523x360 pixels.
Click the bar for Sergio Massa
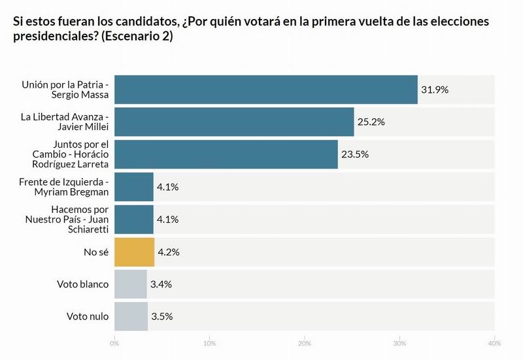pyautogui.click(x=266, y=90)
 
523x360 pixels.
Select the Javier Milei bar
pyautogui.click(x=234, y=122)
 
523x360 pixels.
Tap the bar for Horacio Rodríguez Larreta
pyautogui.click(x=226, y=154)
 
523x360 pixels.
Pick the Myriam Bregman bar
pyautogui.click(x=134, y=187)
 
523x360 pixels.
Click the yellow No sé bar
pyautogui.click(x=134, y=252)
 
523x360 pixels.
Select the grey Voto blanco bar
pyautogui.click(x=131, y=284)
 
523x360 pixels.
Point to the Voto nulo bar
pyautogui.click(x=131, y=316)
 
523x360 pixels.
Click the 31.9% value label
pyautogui.click(x=435, y=90)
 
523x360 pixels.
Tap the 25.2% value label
pyautogui.click(x=371, y=122)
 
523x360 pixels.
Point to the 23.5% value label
pyautogui.click(x=355, y=154)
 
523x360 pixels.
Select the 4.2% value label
pyautogui.click(x=169, y=252)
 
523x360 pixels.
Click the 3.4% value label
pyautogui.click(x=161, y=284)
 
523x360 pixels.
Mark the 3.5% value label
pyautogui.click(x=162, y=316)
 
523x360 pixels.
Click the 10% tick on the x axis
pyautogui.click(x=210, y=343)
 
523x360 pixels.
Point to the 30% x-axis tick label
pyautogui.click(x=399, y=343)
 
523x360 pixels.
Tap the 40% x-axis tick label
pyautogui.click(x=494, y=343)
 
